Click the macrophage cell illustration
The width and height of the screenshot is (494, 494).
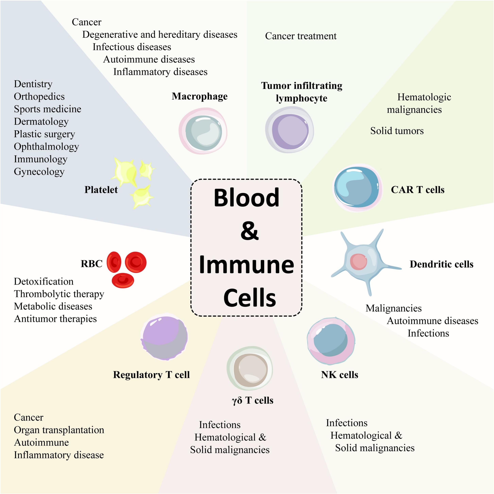pyautogui.click(x=203, y=131)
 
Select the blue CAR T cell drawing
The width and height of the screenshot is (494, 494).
pyautogui.click(x=357, y=188)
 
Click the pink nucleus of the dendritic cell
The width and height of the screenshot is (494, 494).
pyautogui.click(x=359, y=261)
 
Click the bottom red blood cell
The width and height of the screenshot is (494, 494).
pyautogui.click(x=123, y=280)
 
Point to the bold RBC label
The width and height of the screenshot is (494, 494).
pyautogui.click(x=91, y=264)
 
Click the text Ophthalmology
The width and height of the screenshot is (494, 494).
pyautogui.click(x=46, y=147)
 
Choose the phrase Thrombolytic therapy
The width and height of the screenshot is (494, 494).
pyautogui.click(x=59, y=294)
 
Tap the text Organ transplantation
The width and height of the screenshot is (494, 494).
pyautogui.click(x=59, y=430)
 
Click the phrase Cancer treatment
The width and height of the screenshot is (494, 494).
pyautogui.click(x=301, y=36)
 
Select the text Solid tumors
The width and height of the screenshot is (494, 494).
pyautogui.click(x=397, y=131)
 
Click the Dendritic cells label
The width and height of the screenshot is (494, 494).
pyautogui.click(x=441, y=264)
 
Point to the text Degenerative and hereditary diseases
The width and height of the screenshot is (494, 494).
pyautogui.click(x=160, y=34)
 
